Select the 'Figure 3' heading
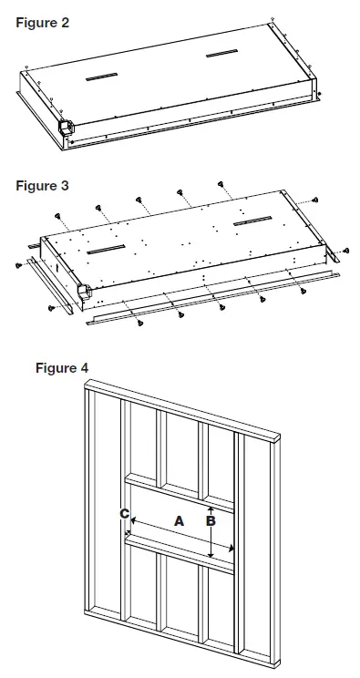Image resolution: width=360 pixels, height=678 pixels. pyautogui.click(x=42, y=186)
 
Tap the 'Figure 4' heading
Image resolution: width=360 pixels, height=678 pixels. pyautogui.click(x=61, y=368)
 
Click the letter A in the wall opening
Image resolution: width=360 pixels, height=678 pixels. pyautogui.click(x=179, y=519)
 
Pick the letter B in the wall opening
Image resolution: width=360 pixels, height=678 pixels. pyautogui.click(x=211, y=521)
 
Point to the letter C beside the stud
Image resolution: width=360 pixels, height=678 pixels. pyautogui.click(x=124, y=514)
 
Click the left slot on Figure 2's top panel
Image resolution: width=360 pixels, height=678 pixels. pyautogui.click(x=101, y=78)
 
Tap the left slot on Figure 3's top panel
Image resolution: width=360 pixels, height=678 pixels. pyautogui.click(x=106, y=249)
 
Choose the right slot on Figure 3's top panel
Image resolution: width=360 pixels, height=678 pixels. pyautogui.click(x=252, y=222)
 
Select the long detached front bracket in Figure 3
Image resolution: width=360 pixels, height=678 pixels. pyautogui.click(x=201, y=303)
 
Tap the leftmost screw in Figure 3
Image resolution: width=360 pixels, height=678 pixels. pyautogui.click(x=19, y=265)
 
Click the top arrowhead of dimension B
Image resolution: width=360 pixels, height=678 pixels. pyautogui.click(x=211, y=507)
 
